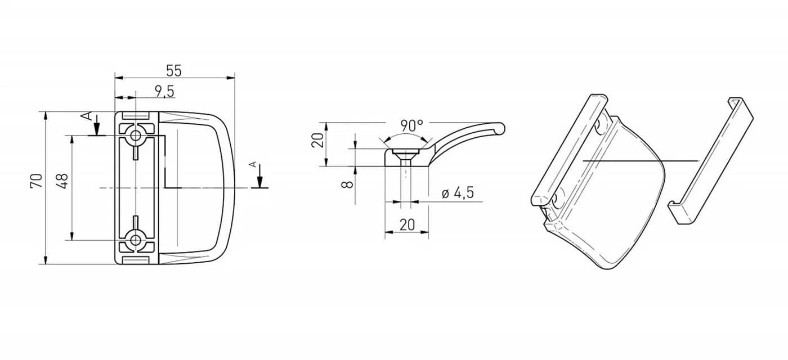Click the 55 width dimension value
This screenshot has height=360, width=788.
click(x=174, y=71)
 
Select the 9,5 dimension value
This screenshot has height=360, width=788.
click(x=164, y=92)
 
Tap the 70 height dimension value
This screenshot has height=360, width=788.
click(x=37, y=181)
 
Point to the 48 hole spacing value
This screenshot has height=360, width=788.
click(x=62, y=181)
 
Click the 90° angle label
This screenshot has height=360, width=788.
click(x=411, y=125)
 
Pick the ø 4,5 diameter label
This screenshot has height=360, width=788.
click(x=458, y=192)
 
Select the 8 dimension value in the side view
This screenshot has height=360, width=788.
click(x=348, y=184)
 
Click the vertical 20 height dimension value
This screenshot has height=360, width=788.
click(x=317, y=140)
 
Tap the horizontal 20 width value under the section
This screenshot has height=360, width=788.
click(x=407, y=224)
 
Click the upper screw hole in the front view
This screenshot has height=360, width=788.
click(x=135, y=134)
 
